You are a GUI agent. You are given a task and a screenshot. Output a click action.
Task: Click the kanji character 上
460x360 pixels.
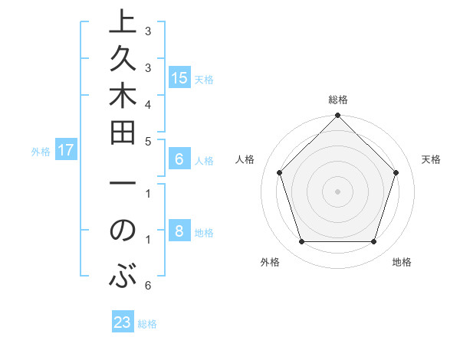(123, 24)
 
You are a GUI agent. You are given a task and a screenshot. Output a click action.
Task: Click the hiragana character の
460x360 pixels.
(123, 231)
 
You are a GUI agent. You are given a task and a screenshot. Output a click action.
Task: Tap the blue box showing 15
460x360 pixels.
(179, 78)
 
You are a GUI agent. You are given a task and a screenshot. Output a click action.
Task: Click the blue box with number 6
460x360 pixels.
(179, 160)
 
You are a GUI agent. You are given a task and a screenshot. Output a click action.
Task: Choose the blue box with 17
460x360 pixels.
(66, 151)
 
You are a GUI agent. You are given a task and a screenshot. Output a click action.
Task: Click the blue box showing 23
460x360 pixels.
(123, 323)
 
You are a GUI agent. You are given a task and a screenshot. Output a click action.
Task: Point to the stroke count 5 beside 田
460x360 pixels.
(147, 141)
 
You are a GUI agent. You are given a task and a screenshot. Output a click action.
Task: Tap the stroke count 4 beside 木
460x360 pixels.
(147, 103)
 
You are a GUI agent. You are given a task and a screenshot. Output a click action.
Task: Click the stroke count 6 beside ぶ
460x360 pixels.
(147, 286)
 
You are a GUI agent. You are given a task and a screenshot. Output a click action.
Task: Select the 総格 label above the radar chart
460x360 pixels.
(337, 100)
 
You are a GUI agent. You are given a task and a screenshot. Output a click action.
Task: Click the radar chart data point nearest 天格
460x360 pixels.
(396, 172)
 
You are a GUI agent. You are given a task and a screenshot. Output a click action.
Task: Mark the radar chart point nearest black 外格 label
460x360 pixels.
(301, 242)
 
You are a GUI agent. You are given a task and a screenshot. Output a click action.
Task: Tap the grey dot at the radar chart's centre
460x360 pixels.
(337, 191)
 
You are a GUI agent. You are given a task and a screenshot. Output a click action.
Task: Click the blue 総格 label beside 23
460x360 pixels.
(147, 324)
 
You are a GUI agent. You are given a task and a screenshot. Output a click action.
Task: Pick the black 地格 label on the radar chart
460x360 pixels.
(402, 262)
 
